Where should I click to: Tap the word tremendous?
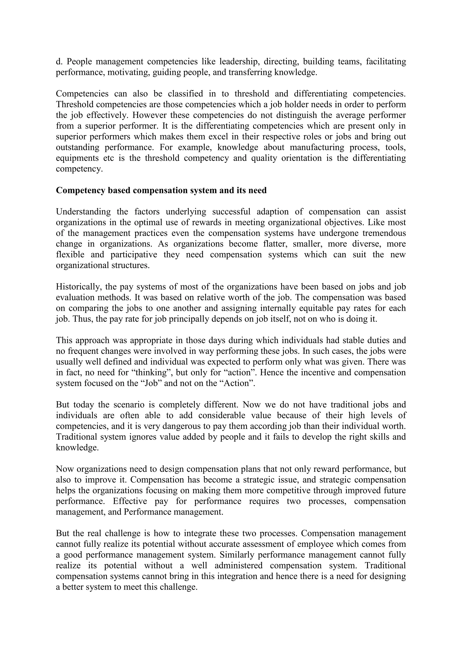(x=384, y=233)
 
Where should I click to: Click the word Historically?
(x=77, y=287)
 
